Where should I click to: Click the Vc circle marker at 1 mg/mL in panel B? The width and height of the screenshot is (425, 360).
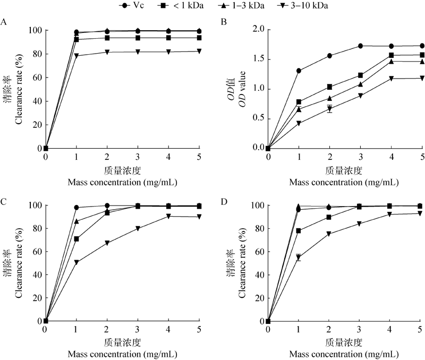pyautogui.click(x=299, y=71)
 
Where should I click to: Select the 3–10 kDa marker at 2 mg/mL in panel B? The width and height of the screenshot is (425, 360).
pyautogui.click(x=330, y=109)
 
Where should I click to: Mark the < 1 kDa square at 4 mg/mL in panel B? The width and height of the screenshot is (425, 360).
pyautogui.click(x=392, y=55)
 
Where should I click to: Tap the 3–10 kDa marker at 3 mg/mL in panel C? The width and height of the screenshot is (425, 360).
pyautogui.click(x=138, y=228)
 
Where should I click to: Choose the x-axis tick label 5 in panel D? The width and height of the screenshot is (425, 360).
pyautogui.click(x=421, y=331)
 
